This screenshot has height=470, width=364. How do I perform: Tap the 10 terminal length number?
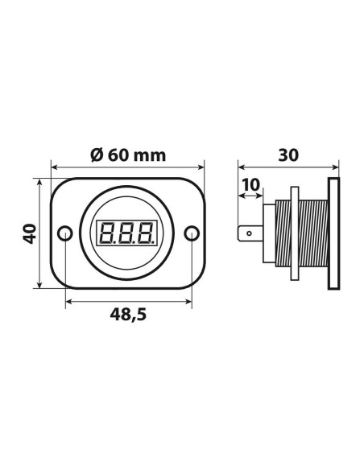[x=251, y=185]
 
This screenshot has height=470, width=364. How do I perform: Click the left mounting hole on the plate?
[x=66, y=234]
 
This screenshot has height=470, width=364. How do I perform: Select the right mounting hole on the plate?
[x=191, y=234]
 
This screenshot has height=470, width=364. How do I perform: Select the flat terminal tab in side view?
[x=251, y=236]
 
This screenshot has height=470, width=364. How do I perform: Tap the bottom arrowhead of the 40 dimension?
[x=40, y=287]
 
